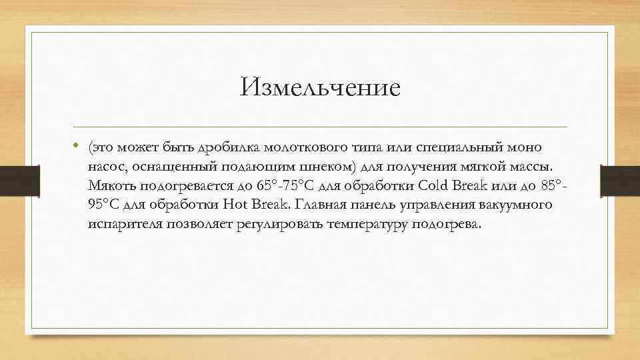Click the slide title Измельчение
[x=321, y=87]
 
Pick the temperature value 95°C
[x=101, y=205]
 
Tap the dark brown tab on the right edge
[x=620, y=180]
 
